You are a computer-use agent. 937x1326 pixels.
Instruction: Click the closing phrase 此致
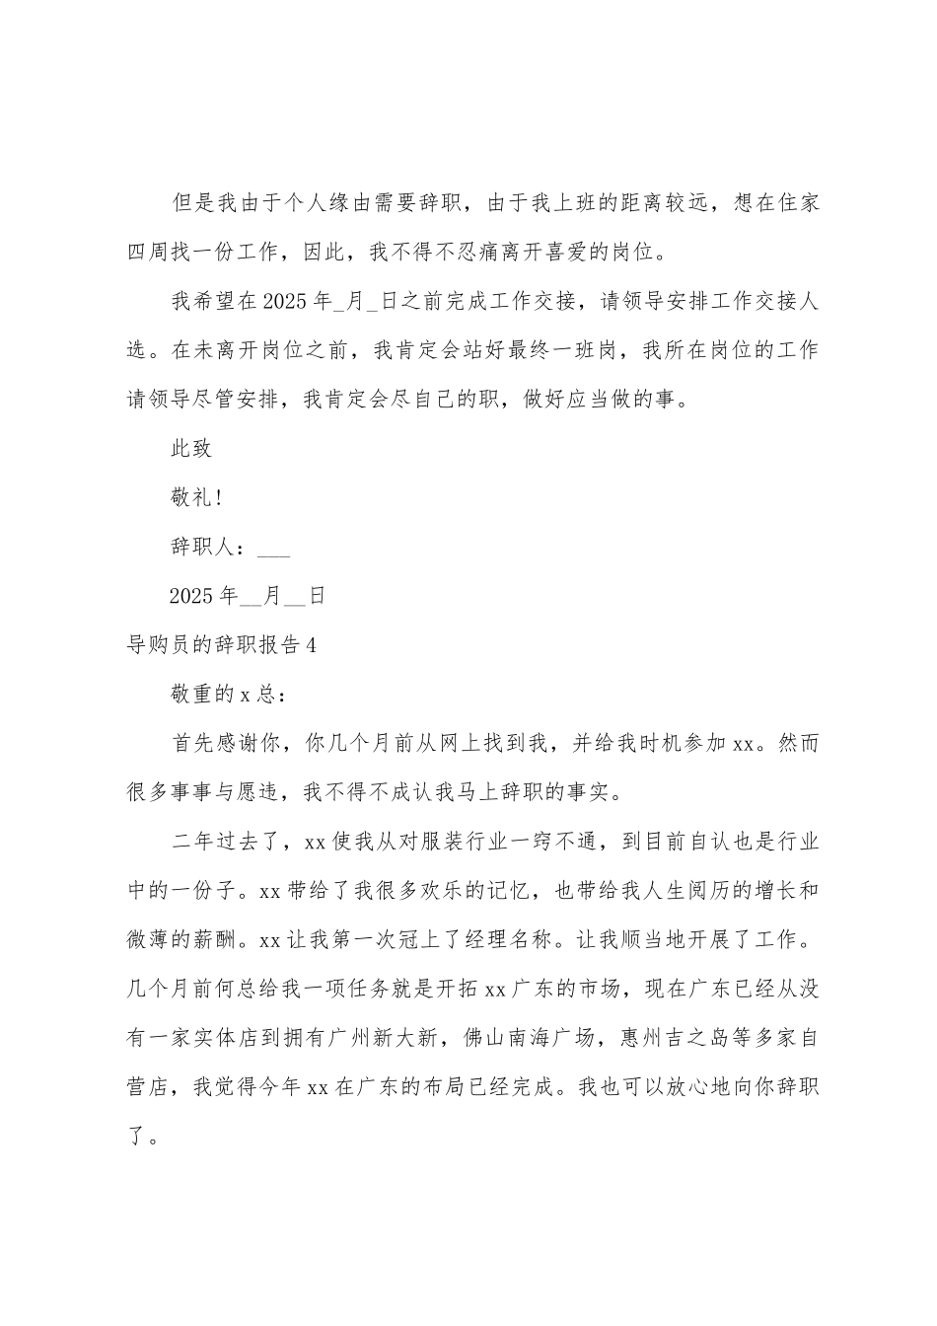(x=191, y=449)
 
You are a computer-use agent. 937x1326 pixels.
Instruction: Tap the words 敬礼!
(x=197, y=498)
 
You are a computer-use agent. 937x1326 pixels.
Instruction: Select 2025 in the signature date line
(x=191, y=597)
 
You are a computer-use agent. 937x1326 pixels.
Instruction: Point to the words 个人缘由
(x=317, y=204)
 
